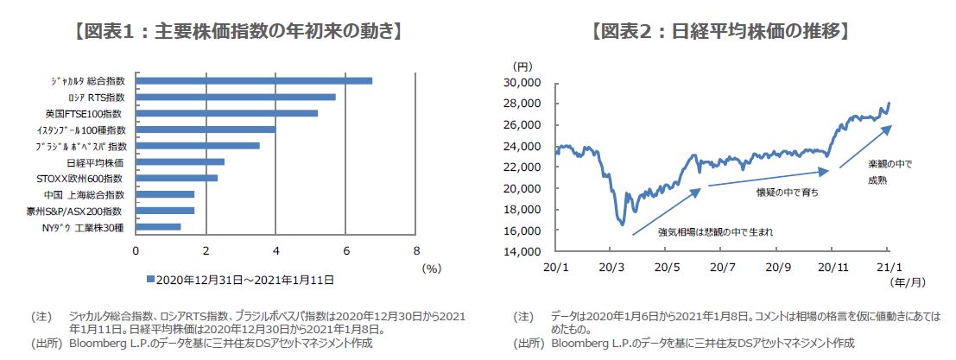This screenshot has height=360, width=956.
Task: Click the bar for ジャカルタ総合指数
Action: click(254, 80)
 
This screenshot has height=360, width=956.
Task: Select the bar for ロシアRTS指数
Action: click(236, 97)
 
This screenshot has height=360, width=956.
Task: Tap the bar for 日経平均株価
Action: click(180, 161)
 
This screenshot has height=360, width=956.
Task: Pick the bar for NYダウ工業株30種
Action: click(158, 227)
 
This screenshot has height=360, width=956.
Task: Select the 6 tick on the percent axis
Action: click(347, 250)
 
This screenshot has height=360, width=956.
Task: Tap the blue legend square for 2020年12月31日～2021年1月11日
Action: click(150, 280)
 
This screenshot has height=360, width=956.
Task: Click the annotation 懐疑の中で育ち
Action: click(787, 193)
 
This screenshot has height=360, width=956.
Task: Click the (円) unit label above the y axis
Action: click(522, 66)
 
